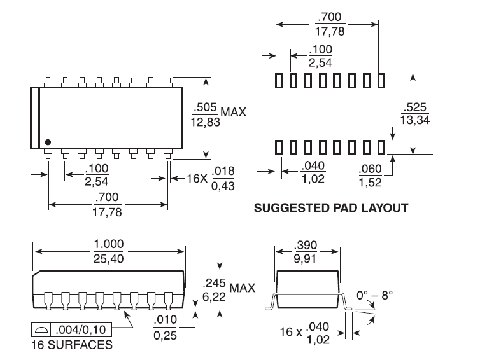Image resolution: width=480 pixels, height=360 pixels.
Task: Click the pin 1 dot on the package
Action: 48,142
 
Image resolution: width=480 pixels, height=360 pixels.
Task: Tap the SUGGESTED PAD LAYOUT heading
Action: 331,208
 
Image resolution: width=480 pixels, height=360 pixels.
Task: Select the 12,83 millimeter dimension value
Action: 205,122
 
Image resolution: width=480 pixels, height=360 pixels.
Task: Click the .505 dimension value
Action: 206,107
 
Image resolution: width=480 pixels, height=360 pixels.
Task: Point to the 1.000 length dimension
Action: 109,244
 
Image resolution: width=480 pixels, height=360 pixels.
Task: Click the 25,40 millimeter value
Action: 109,259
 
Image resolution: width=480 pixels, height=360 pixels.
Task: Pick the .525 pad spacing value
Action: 415,107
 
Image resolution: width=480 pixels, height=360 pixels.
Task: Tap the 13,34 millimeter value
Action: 415,120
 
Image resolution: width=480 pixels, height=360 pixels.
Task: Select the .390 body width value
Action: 306,245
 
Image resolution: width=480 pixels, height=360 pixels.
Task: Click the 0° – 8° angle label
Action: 375,296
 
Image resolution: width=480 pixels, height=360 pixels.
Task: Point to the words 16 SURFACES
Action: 72,345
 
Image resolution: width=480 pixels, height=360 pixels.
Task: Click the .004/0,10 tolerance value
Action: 81,329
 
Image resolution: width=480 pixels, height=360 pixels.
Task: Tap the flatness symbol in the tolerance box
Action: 41,329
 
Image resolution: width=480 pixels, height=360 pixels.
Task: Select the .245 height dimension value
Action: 215,283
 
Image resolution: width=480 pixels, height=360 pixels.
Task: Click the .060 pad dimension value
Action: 370,169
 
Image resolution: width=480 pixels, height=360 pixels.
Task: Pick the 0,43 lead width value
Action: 223,186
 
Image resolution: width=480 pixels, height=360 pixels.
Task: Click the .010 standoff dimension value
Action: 165,320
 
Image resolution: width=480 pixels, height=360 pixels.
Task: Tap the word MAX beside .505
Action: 234,112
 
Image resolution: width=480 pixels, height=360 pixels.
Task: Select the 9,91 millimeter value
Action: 305,259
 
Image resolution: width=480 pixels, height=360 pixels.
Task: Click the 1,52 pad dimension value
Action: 370,183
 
